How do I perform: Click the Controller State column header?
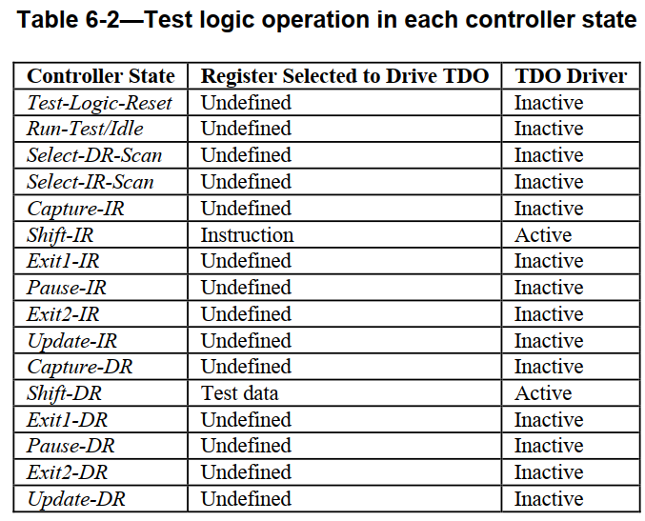(101, 76)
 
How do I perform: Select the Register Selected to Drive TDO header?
(345, 76)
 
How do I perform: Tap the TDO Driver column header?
(571, 76)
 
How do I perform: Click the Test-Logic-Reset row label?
(99, 103)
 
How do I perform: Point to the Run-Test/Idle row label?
(85, 129)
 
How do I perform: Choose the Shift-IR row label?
(60, 235)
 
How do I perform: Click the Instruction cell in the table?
(247, 235)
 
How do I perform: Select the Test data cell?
(239, 393)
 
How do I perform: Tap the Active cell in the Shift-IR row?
(543, 235)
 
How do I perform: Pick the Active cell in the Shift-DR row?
(543, 393)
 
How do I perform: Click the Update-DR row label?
(76, 499)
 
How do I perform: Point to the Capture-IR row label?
(75, 209)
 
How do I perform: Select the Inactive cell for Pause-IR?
(549, 288)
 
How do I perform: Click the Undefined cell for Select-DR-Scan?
(246, 155)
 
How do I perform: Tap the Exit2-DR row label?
(67, 472)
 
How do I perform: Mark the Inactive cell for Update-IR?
(549, 341)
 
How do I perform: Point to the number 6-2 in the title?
(103, 19)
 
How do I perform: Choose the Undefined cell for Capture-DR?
(246, 367)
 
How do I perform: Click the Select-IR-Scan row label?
(91, 182)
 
